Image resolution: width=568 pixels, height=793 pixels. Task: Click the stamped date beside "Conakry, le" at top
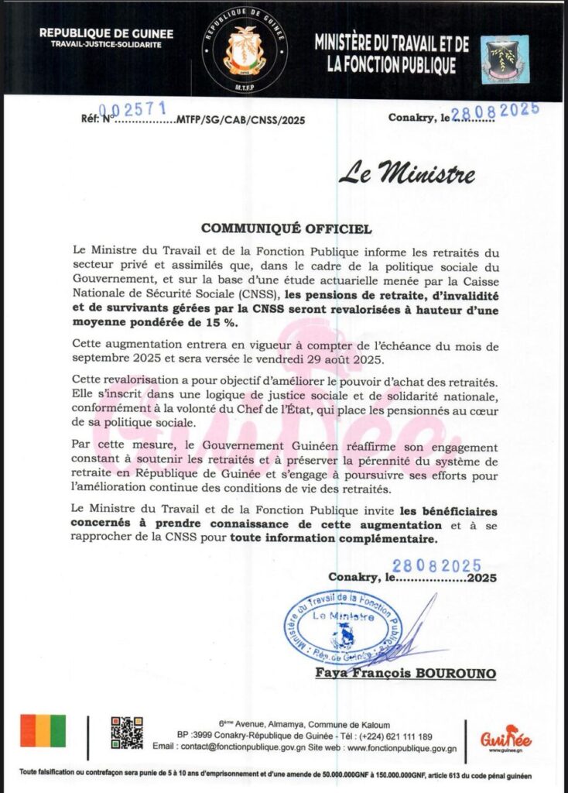[x=494, y=110]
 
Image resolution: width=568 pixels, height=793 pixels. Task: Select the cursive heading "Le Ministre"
[x=407, y=173]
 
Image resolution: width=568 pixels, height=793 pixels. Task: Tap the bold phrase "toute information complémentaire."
[x=334, y=539]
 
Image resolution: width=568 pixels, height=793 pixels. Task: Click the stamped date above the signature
[x=436, y=566]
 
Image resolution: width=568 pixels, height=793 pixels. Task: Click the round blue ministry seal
[x=343, y=624]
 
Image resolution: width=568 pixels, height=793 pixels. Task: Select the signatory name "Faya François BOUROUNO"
[x=405, y=674]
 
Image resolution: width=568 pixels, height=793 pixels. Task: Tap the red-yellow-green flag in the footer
[x=43, y=730]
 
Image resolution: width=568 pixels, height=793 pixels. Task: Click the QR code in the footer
[x=127, y=733]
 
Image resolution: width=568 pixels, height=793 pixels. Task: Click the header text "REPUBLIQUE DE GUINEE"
[x=106, y=34]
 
